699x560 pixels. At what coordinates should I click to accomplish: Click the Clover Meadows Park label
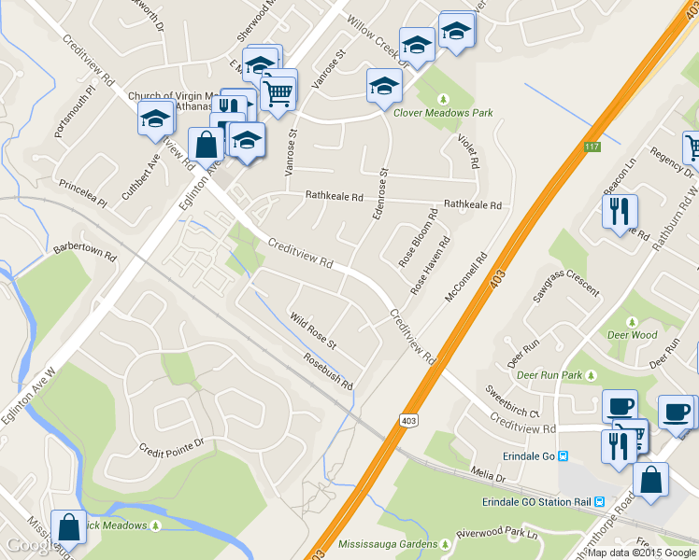point(442,113)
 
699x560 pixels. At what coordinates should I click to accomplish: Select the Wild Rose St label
point(312,331)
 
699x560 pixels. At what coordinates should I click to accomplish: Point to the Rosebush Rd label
point(327,371)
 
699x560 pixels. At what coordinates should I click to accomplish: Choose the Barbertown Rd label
point(84,254)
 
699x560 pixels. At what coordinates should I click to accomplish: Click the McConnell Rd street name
point(467,278)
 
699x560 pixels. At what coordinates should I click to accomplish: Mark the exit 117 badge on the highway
point(592,147)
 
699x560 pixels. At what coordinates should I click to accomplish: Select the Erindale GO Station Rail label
point(536,501)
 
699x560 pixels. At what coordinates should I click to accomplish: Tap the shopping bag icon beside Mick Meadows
point(69,527)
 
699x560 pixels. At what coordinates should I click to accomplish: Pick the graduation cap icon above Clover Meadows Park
point(384,87)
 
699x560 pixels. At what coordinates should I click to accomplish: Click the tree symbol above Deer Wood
point(633,322)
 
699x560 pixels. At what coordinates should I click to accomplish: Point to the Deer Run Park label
point(549,375)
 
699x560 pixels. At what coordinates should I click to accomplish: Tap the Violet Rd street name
point(468,150)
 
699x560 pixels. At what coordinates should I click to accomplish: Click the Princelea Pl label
point(84,184)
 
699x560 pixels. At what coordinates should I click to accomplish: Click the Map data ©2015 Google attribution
point(642,553)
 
